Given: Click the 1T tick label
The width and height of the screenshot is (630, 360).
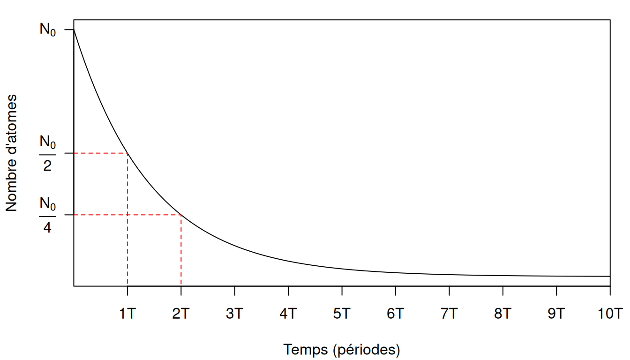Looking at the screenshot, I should (127, 314).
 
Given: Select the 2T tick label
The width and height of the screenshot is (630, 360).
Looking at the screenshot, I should (181, 314).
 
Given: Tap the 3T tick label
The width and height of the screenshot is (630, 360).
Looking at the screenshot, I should (234, 314).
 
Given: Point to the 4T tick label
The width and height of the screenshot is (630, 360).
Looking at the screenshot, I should (288, 314).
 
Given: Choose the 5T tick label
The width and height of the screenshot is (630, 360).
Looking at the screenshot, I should (342, 314).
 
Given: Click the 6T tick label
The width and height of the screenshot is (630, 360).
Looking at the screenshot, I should (396, 314).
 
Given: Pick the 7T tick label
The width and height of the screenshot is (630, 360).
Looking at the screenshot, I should (449, 314).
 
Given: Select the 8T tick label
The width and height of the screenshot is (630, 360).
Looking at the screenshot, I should (503, 314).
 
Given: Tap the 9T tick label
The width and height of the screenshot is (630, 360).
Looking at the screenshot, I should (556, 314).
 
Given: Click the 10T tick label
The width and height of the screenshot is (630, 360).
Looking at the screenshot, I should (610, 314).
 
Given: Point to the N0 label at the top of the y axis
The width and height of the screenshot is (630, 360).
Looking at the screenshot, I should (48, 30).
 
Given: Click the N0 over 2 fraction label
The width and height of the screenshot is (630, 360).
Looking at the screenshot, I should (48, 153).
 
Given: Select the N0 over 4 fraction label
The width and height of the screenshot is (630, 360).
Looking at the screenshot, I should (48, 215).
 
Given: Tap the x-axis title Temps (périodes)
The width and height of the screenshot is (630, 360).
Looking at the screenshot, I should (342, 350).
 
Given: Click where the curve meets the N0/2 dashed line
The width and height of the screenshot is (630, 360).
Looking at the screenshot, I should (127, 153).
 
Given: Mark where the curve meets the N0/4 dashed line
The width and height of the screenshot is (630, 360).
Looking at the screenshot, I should (181, 215).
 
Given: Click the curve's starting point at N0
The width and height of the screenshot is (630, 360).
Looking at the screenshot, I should (74, 30).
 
